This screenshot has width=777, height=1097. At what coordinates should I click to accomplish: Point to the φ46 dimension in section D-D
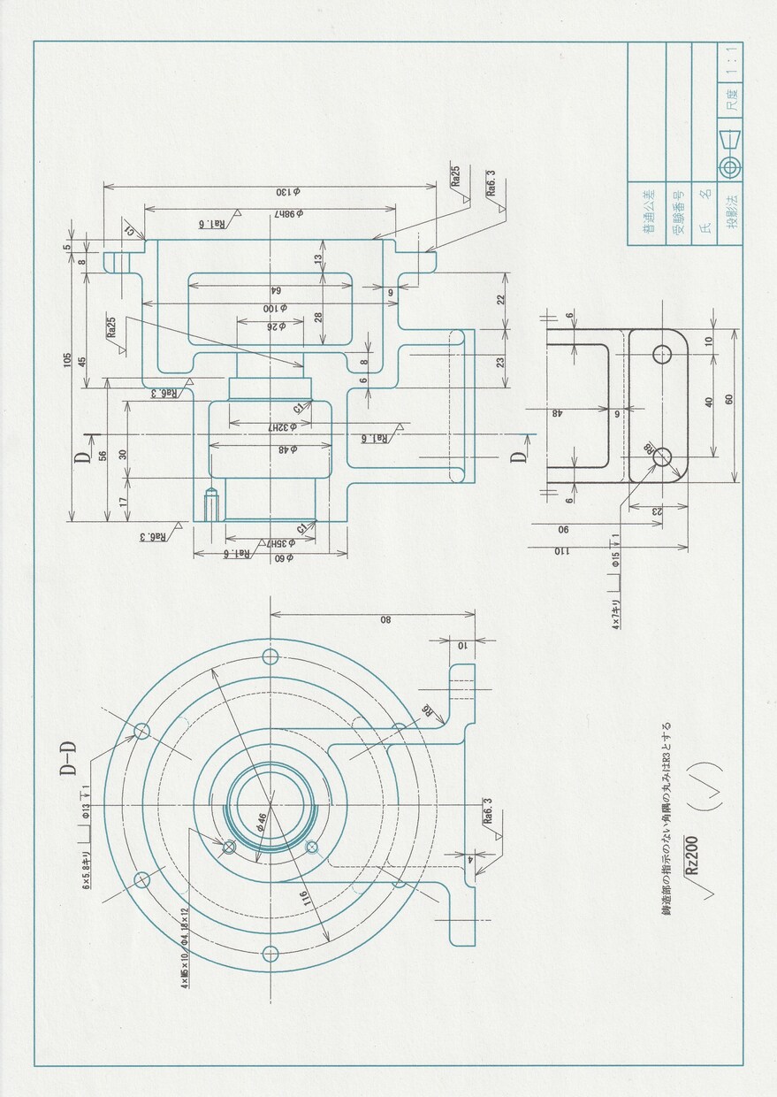[262, 822]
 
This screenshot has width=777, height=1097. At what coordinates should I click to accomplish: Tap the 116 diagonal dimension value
[303, 901]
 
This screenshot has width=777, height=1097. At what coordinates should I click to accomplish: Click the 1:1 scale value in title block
[731, 62]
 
